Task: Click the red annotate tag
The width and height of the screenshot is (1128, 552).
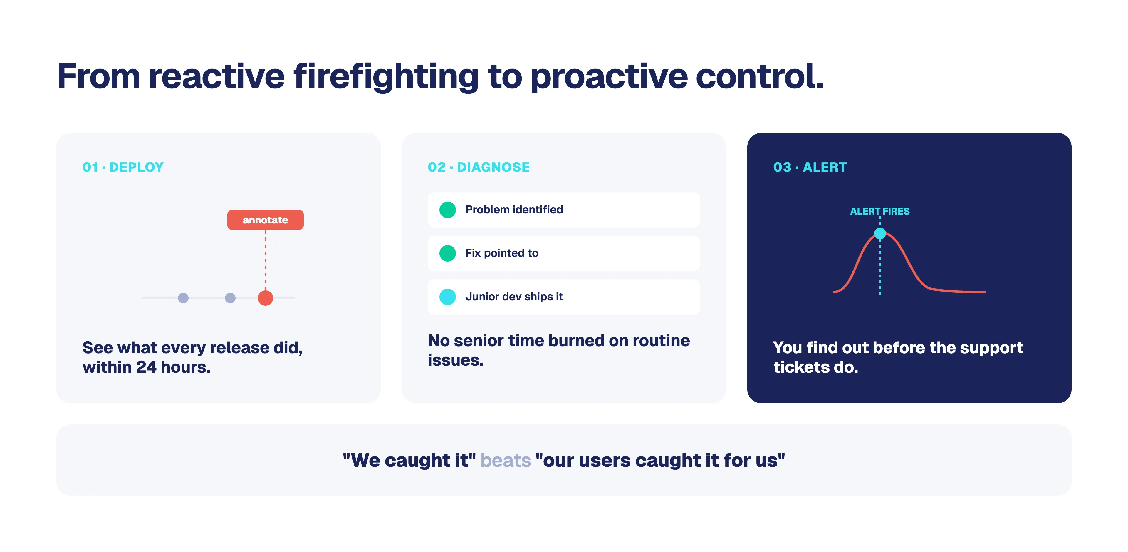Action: [265, 220]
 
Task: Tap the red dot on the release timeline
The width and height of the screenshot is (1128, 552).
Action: [265, 298]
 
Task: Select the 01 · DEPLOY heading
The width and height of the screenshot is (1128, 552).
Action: [123, 167]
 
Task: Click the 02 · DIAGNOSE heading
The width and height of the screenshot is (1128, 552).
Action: [479, 167]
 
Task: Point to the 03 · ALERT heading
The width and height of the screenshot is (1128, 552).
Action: [810, 167]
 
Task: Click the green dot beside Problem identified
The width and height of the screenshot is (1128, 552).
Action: [447, 210]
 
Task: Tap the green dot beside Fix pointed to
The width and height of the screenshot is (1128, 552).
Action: [447, 253]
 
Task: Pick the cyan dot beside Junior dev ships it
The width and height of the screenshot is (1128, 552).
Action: [447, 297]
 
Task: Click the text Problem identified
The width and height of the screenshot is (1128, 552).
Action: [514, 210]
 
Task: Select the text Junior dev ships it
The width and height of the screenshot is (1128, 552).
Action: [514, 297]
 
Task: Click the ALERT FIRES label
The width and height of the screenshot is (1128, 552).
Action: [880, 211]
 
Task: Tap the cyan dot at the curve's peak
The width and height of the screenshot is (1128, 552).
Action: [880, 233]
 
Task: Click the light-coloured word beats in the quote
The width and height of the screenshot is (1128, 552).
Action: [506, 460]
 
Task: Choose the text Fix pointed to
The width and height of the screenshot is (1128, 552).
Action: [502, 253]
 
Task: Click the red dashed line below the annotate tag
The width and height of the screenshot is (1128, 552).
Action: [265, 260]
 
